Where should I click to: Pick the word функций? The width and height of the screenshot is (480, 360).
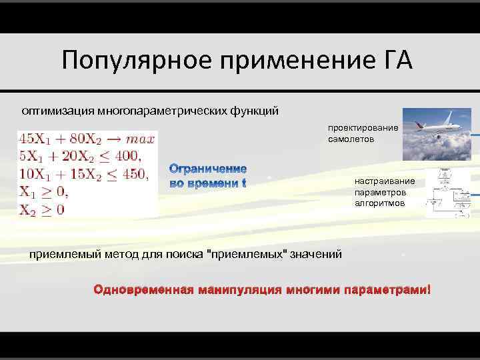coord(257,109)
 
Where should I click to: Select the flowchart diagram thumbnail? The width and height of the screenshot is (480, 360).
coord(446,191)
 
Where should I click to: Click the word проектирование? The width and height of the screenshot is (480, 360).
coord(363,128)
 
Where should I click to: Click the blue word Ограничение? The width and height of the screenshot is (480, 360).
coord(208,169)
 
